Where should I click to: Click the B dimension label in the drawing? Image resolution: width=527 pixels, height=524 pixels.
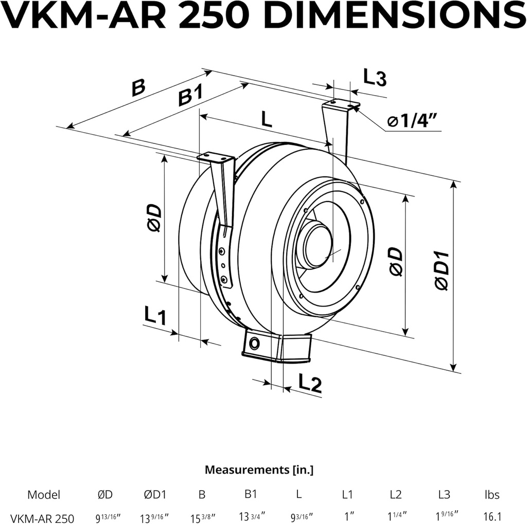[x=138, y=88]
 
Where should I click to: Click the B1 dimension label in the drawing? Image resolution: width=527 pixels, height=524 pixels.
[x=190, y=96]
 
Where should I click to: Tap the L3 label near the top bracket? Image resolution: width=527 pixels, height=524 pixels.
[x=375, y=77]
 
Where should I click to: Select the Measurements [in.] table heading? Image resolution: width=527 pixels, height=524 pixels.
[x=259, y=469]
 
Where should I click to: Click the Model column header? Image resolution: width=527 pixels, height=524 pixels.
[x=44, y=495]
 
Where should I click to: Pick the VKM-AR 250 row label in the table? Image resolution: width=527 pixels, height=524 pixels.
[x=42, y=517]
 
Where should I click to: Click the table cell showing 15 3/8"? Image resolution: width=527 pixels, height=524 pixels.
[x=202, y=517]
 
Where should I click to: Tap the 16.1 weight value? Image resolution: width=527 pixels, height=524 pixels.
[x=491, y=517]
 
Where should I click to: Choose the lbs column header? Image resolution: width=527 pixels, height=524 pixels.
[x=491, y=495]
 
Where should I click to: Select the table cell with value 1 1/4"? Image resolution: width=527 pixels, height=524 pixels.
[x=397, y=517]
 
